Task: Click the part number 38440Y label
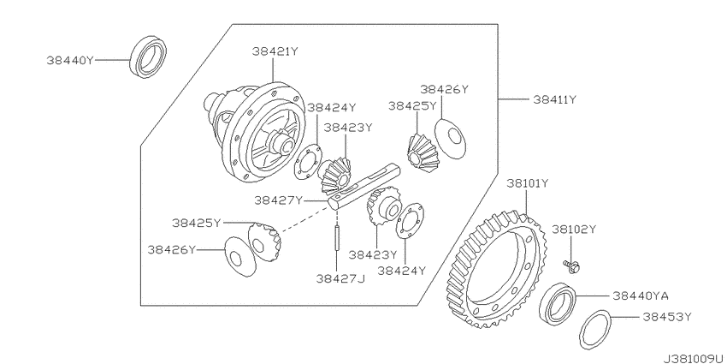pos(70,60)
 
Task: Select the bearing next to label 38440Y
pos(148,57)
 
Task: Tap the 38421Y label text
pos(275,51)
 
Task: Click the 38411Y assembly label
pos(554,99)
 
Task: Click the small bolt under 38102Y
pos(572,266)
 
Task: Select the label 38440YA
pos(641,295)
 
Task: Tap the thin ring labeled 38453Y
pos(595,329)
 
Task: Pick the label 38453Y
pos(667,317)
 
